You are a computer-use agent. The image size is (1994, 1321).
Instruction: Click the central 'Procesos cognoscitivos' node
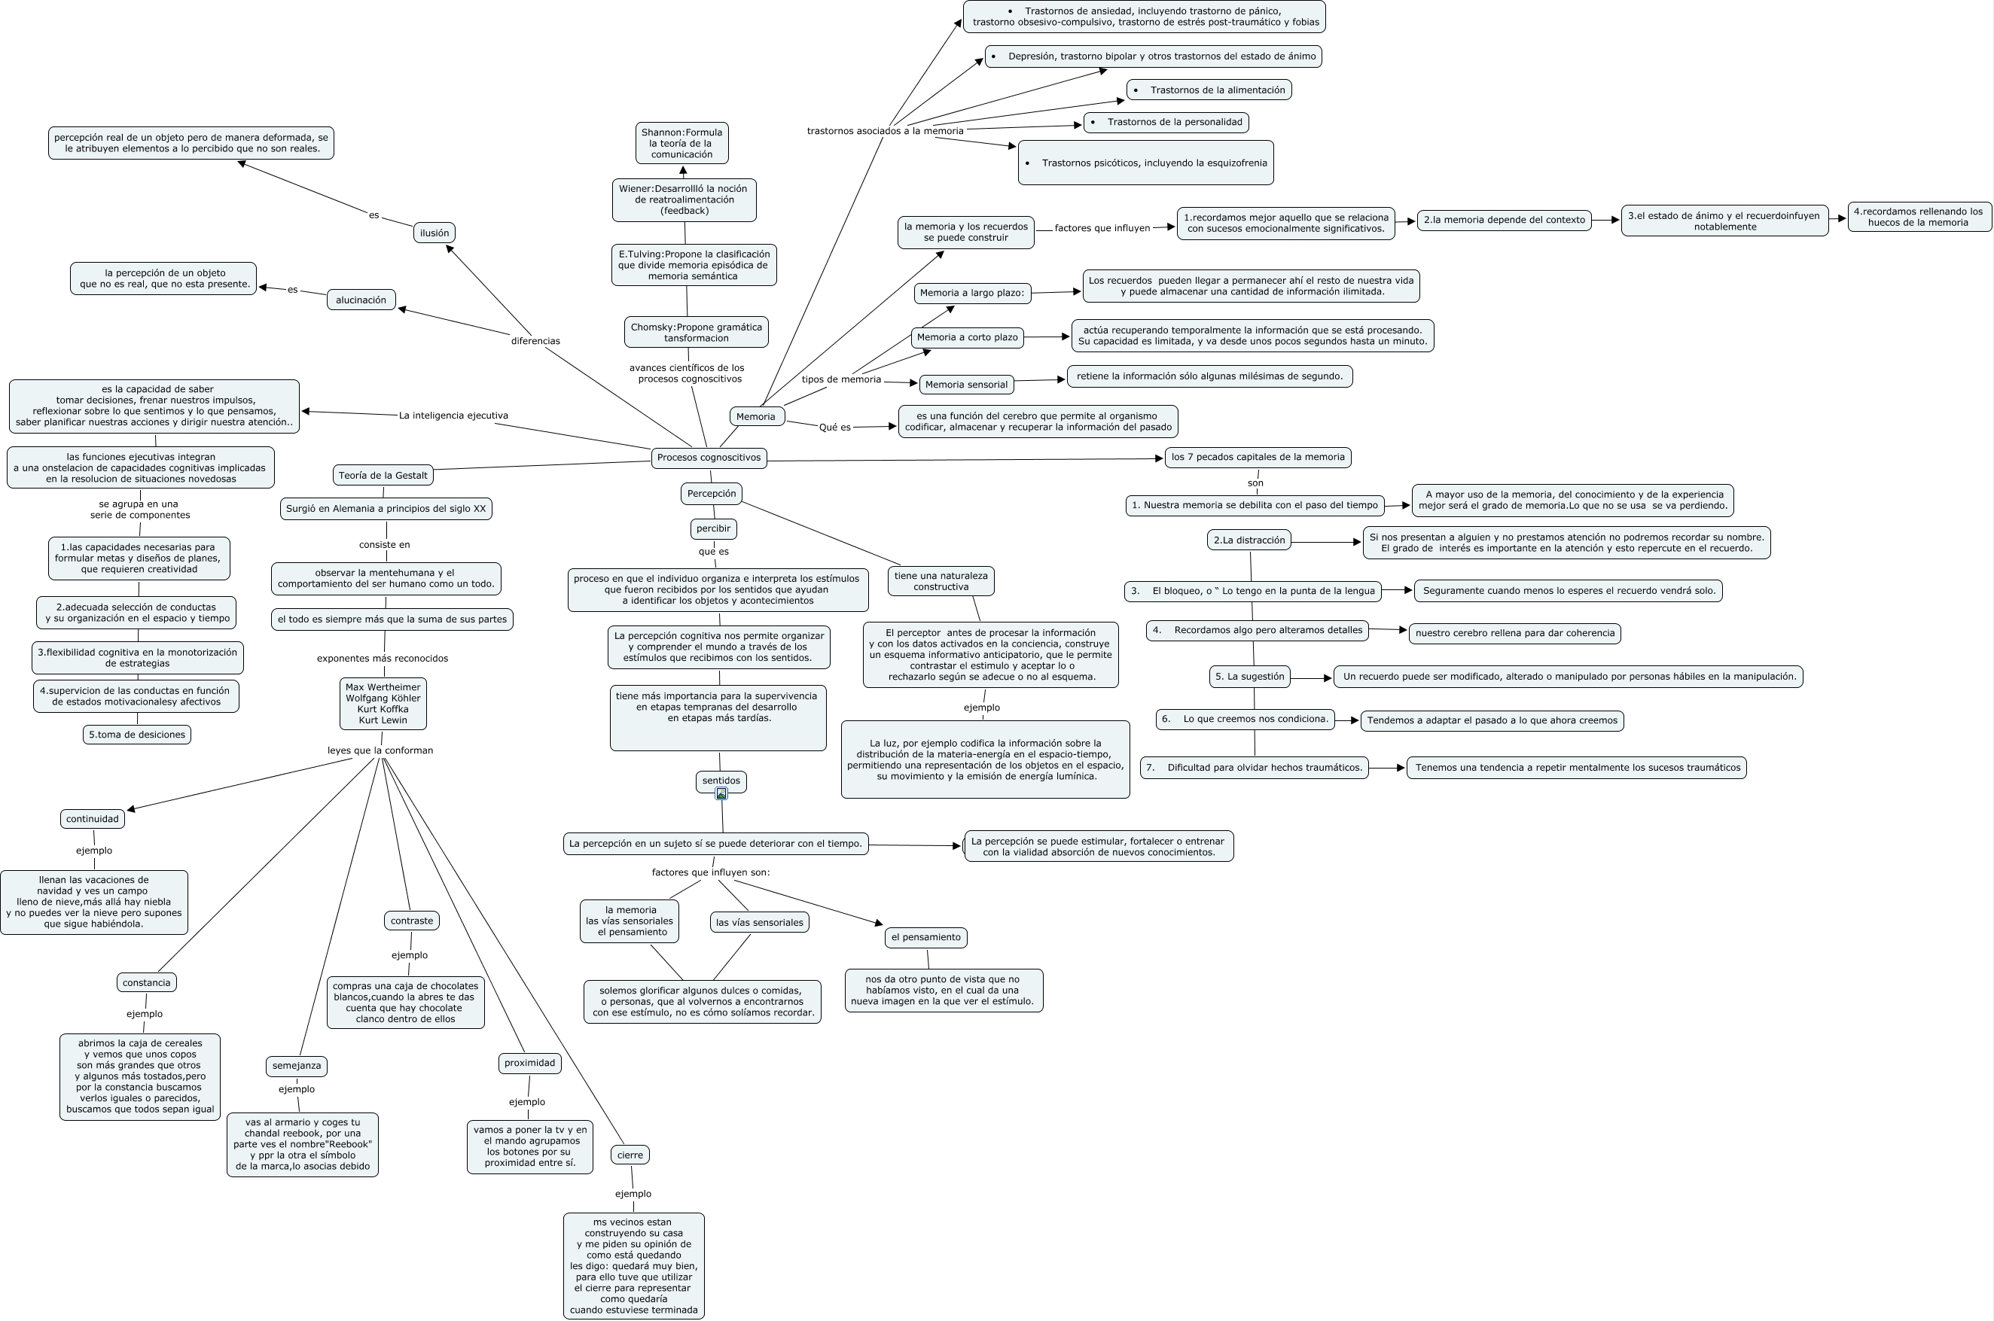(x=708, y=458)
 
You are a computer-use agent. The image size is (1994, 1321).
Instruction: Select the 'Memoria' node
(x=756, y=416)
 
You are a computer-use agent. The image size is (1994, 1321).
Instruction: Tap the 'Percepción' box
(x=712, y=494)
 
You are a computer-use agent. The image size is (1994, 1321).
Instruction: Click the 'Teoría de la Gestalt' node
(x=383, y=475)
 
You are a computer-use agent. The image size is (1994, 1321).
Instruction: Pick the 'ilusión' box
(x=434, y=233)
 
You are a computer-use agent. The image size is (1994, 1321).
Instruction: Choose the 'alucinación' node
(x=361, y=300)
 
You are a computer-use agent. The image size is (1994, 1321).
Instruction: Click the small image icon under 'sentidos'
(x=721, y=793)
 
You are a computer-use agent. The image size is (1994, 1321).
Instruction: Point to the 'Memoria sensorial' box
(x=966, y=384)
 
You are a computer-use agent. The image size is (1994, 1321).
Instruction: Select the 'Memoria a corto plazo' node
(x=967, y=337)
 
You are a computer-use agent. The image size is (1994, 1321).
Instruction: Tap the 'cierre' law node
(x=630, y=1155)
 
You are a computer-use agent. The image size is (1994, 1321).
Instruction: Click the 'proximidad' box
(x=529, y=1064)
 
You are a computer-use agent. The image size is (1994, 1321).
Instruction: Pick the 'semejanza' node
(x=296, y=1066)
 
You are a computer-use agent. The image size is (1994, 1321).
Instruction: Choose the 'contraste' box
(x=411, y=921)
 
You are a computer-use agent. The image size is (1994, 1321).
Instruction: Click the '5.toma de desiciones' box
(x=137, y=735)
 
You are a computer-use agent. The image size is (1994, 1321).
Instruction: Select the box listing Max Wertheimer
(x=383, y=704)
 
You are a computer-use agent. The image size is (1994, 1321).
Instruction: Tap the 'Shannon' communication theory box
(x=681, y=143)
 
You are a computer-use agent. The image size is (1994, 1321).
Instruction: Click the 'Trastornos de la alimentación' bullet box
(x=1209, y=90)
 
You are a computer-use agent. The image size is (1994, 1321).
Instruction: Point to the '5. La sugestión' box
(x=1249, y=677)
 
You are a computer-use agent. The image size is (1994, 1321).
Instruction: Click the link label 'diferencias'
(x=535, y=341)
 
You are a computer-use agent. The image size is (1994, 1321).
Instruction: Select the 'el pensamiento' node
(x=925, y=937)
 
